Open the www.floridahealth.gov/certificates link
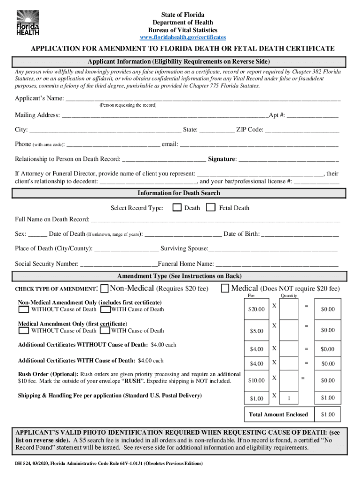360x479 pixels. [x=183, y=37]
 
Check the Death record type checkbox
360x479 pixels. [x=177, y=208]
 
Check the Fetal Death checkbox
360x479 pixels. [x=211, y=208]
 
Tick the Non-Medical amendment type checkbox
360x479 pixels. [x=105, y=288]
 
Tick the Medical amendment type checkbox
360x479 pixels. [x=225, y=288]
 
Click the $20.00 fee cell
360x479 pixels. [x=256, y=310]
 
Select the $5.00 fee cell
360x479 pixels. [x=256, y=331]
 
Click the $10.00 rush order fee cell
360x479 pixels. [x=256, y=380]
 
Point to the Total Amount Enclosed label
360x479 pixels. [x=278, y=414]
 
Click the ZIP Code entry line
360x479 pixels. [x=302, y=130]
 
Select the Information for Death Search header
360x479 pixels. [x=179, y=193]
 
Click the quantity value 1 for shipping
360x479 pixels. [x=289, y=398]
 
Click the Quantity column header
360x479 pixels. [x=288, y=296]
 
